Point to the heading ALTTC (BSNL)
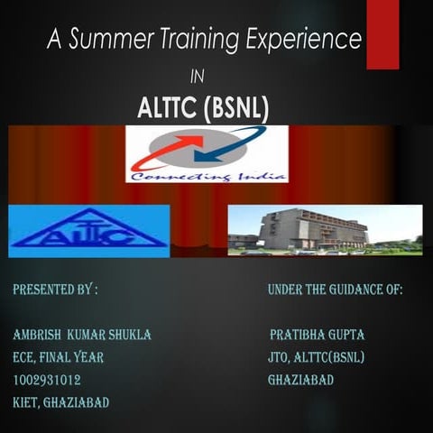coord(203,107)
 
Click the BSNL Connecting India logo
coord(207,154)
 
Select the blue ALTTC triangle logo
coord(88,229)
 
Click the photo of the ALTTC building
coord(324,229)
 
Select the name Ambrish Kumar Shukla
coord(82,335)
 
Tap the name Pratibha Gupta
coord(317,335)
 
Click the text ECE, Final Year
coord(59,357)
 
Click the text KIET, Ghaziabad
coord(61,402)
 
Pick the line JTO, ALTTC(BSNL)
coord(316,357)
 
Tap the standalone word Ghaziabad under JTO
coord(300,380)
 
